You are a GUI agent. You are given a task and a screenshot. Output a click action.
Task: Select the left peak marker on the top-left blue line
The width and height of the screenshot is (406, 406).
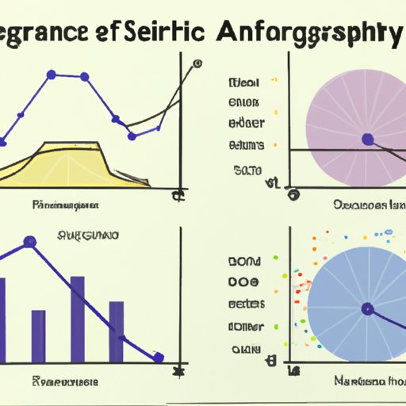52,75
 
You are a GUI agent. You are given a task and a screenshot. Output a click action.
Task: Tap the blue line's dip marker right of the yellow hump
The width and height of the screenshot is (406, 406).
115,120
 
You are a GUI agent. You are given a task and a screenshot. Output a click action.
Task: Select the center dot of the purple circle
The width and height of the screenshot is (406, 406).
366,140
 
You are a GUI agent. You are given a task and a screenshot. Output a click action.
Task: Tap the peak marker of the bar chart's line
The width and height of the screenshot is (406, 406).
31,240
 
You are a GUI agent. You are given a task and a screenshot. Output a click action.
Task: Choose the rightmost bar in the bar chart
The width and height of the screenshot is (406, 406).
116,331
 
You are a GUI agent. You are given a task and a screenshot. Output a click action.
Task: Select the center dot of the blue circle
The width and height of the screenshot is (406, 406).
366,308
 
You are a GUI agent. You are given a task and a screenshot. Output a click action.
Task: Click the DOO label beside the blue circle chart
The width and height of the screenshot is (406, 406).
244,282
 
